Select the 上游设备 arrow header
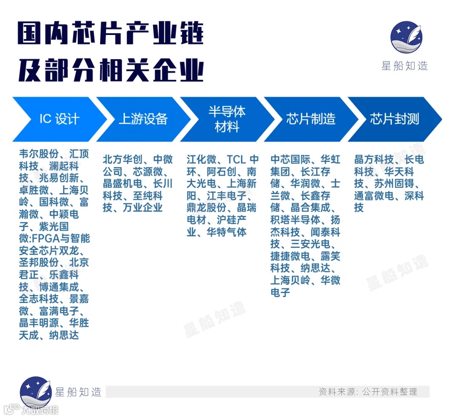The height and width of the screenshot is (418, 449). (x=143, y=119)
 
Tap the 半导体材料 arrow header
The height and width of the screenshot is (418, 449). (x=227, y=119)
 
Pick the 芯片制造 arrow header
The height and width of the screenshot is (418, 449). (x=311, y=119)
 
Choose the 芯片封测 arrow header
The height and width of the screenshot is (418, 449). (x=395, y=119)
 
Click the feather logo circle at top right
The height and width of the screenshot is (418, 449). (x=406, y=37)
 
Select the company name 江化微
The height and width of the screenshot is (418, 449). (x=202, y=159)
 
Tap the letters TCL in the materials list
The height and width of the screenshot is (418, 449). (x=237, y=159)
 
